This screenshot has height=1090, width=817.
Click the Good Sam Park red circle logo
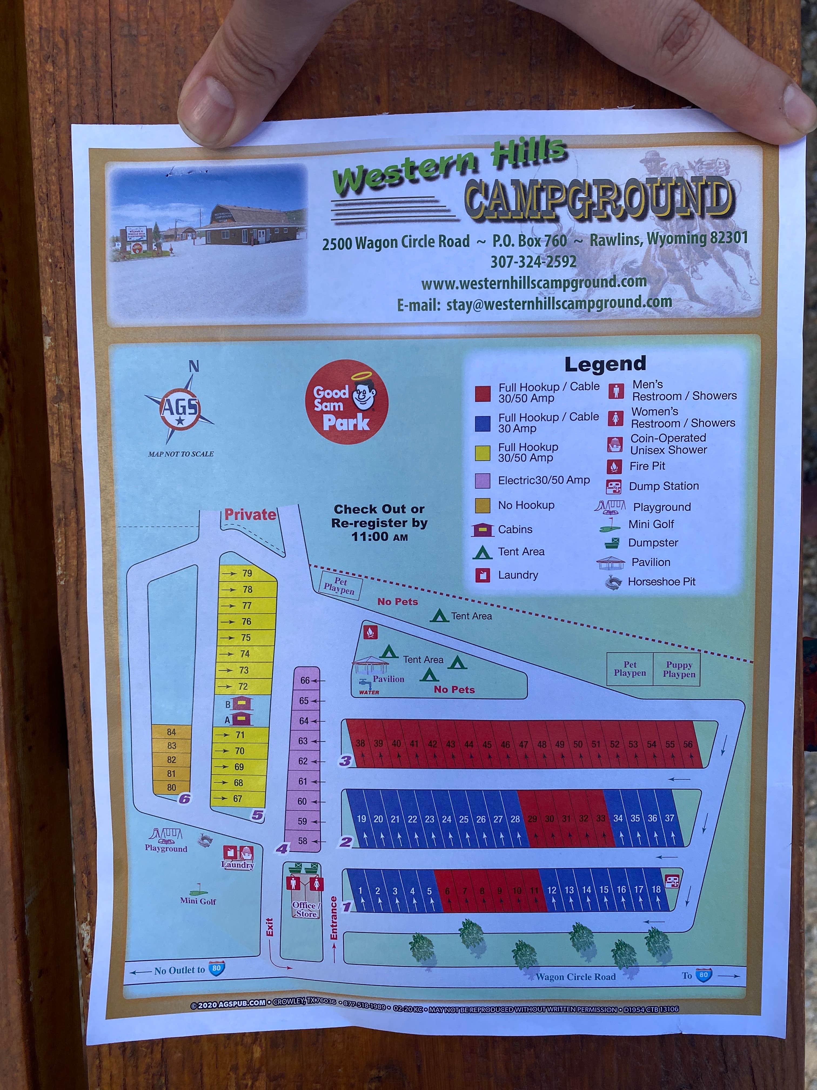[x=347, y=402]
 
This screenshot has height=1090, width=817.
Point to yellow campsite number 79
[x=246, y=573]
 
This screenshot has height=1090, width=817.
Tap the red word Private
[x=250, y=514]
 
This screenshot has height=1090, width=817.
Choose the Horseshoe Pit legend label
[x=661, y=581]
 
